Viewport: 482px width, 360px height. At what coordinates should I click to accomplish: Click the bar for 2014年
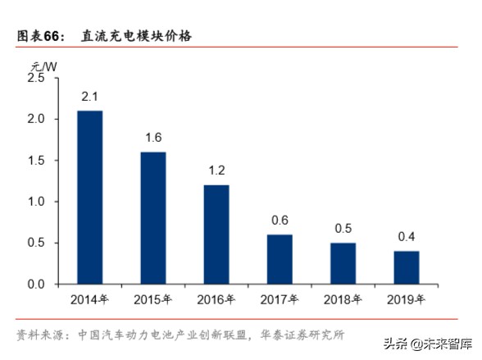(89, 197)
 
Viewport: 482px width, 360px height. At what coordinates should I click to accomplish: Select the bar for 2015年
(152, 217)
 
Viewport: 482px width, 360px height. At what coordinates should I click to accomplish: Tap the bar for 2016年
(216, 234)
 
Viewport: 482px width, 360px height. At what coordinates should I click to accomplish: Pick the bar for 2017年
(280, 258)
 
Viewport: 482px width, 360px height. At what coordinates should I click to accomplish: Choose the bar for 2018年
(343, 262)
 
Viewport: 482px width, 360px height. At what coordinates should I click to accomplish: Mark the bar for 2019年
(406, 267)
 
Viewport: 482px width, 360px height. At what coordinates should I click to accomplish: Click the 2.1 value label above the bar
(89, 97)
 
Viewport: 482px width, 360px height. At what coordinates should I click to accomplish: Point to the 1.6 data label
(152, 138)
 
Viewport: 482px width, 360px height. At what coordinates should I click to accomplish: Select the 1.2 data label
(216, 171)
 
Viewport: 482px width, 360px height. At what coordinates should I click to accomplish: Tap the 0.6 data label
(280, 220)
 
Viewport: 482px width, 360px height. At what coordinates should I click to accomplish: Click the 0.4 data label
(406, 237)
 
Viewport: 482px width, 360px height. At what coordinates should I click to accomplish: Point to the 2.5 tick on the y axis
(35, 78)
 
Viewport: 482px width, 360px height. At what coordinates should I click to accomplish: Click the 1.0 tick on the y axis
(35, 202)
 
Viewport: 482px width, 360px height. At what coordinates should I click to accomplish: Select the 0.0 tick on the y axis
(35, 284)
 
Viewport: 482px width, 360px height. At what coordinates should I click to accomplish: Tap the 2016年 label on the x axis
(216, 299)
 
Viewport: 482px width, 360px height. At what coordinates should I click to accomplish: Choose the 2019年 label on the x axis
(406, 299)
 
